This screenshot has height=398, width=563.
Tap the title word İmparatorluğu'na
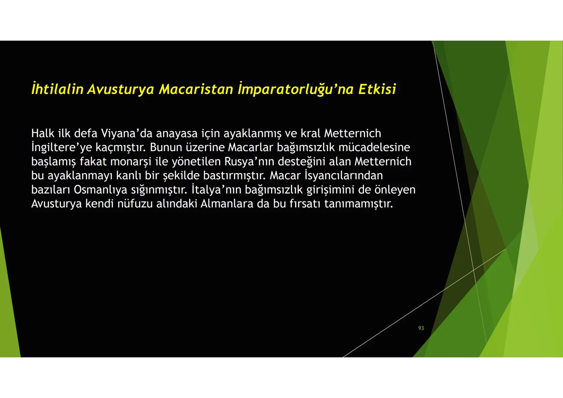point(296,89)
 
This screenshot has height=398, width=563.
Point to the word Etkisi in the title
point(377,89)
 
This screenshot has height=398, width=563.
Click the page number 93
point(421,328)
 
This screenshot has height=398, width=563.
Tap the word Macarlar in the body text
point(250,147)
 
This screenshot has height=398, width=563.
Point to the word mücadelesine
point(374,147)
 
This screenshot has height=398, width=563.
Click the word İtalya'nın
point(216,190)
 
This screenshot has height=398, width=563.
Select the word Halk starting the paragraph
point(43,133)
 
